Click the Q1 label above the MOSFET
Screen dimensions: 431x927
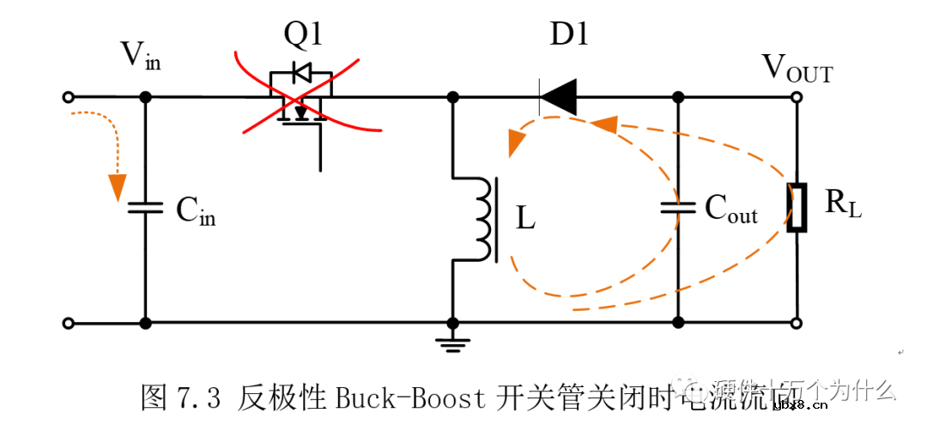pos(302,35)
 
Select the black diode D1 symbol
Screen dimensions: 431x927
pos(558,97)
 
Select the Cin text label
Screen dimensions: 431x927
pos(196,210)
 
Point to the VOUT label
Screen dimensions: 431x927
pos(797,69)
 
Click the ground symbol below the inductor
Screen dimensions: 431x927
pos(451,344)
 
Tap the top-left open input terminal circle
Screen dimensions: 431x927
pos(69,97)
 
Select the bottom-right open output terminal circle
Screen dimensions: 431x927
pos(797,323)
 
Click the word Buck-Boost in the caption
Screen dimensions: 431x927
pos(407,398)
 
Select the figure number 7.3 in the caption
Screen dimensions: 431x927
pos(201,398)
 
